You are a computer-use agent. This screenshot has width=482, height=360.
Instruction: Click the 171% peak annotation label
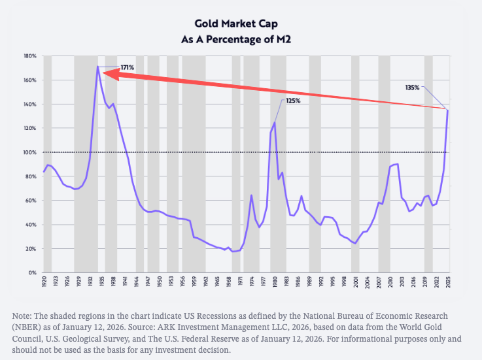[x=128, y=67]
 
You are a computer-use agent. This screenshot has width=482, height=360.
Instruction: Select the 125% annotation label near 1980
[x=293, y=101]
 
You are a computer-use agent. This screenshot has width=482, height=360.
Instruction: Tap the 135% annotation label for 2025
[x=413, y=87]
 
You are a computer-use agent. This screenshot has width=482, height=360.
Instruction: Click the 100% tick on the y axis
[x=30, y=152]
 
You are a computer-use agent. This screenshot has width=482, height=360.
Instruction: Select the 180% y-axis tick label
[x=30, y=56]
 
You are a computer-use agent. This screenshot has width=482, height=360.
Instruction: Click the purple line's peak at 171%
[x=98, y=67]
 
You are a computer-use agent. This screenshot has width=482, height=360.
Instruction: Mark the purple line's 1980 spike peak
[x=275, y=122]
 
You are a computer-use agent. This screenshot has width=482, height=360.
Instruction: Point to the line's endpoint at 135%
[x=448, y=110]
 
